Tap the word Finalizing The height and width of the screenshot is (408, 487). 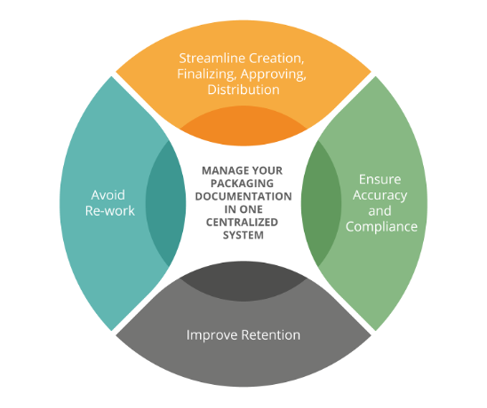coord(206,75)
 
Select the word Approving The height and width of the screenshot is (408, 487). coord(274,75)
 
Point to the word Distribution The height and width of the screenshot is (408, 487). coord(244,90)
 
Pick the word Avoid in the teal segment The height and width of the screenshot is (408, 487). coord(108,195)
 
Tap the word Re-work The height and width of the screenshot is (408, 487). coord(110,211)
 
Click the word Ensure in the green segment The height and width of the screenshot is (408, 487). coord(380,179)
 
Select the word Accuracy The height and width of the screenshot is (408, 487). coord(380,196)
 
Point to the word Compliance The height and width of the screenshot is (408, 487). coord(382,227)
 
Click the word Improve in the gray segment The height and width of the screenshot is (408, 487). coord(212,335)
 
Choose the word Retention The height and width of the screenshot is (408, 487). coord(271,335)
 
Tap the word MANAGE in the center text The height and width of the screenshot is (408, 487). coord(222,170)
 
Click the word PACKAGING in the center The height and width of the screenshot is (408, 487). coord(243,184)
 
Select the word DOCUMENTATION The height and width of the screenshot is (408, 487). coord(244,197)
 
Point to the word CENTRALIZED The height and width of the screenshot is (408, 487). coord(243,223)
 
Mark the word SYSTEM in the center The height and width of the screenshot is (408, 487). coord(244,235)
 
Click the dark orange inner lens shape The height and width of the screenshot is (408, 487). coord(244,126)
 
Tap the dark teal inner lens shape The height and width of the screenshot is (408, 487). coord(165,204)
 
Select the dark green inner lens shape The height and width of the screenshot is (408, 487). coord(321,204)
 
